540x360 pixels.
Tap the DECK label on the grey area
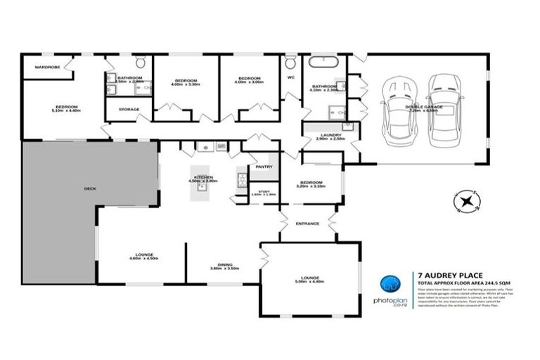(x=89, y=188)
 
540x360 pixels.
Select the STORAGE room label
(x=129, y=110)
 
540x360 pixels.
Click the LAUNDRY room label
(x=330, y=136)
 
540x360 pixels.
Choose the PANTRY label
(x=264, y=167)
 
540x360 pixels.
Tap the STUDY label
(x=264, y=191)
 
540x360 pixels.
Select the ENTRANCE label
(x=308, y=224)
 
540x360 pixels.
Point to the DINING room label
(x=225, y=266)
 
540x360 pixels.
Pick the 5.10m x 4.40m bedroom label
(x=67, y=108)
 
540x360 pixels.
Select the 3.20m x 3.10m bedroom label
(x=311, y=184)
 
